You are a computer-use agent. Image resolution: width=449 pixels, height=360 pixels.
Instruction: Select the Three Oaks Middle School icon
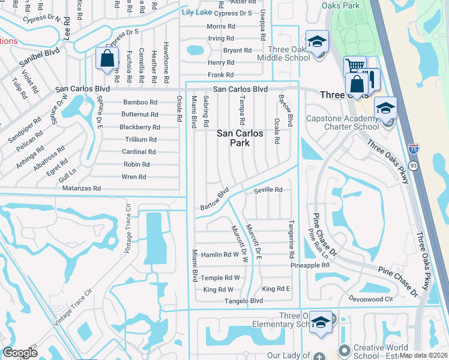point(316,43)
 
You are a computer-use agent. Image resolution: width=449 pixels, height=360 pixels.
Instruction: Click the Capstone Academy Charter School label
point(343,122)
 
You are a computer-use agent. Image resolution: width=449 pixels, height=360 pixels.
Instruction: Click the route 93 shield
point(413,165)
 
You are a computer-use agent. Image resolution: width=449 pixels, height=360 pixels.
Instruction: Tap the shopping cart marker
point(354,67)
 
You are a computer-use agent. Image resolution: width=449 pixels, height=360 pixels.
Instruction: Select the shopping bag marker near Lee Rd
point(107,59)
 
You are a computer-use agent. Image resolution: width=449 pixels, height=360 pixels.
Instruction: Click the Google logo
point(20,353)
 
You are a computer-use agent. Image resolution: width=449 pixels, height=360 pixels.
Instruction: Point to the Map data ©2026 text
point(423,355)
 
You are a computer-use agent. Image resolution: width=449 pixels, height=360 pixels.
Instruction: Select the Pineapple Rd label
point(310,265)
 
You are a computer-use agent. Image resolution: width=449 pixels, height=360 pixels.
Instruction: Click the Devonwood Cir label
point(371,298)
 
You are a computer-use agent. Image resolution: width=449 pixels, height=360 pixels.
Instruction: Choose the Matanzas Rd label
point(82,188)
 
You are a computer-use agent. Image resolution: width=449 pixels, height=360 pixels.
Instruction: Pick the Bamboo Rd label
point(140,102)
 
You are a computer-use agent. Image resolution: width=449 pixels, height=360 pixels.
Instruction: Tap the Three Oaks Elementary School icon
point(321,322)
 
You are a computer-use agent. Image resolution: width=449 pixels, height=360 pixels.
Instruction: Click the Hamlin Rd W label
point(220,254)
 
